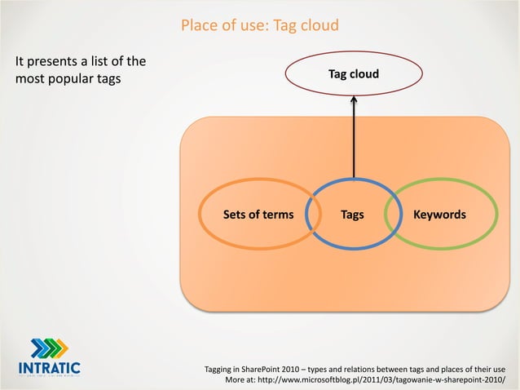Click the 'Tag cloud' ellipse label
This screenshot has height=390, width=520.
click(x=353, y=75)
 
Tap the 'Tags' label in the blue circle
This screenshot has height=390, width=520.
click(x=352, y=215)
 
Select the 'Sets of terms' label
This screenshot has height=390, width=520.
click(x=258, y=215)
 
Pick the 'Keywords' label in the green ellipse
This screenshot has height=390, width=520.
click(x=439, y=215)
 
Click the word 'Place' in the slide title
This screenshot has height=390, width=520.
click(x=200, y=28)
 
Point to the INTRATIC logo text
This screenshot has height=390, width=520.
click(x=48, y=366)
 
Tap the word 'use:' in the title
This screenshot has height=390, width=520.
click(x=256, y=28)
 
